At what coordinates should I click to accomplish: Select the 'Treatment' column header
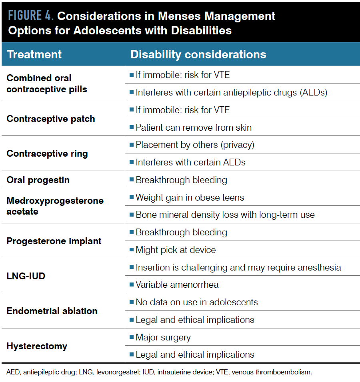[34, 54]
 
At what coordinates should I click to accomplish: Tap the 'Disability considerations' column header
[198, 54]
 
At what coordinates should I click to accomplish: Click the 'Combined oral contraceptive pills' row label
[47, 84]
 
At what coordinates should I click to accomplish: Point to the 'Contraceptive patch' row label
[51, 119]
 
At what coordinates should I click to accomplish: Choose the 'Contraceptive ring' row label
[47, 153]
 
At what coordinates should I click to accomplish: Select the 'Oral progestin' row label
[38, 180]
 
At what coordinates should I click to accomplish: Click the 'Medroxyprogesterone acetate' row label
[55, 206]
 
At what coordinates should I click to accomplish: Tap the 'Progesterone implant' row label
[54, 241]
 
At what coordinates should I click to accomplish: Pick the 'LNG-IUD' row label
[26, 276]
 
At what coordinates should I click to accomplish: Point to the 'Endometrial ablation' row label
[52, 311]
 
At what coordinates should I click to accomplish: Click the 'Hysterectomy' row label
[37, 346]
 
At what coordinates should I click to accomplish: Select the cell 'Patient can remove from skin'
[194, 127]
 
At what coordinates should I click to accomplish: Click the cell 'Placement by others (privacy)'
[195, 145]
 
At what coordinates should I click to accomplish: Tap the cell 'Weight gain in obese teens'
[190, 197]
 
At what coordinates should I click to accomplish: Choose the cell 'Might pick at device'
[176, 250]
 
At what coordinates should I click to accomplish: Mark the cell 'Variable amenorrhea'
[177, 285]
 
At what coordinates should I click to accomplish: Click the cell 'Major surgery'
[163, 337]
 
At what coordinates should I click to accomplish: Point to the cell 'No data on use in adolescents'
[196, 302]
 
